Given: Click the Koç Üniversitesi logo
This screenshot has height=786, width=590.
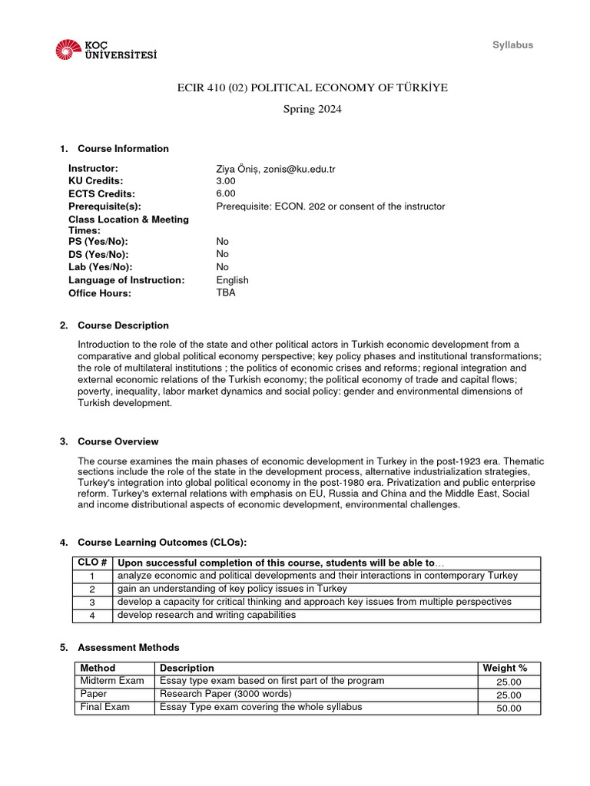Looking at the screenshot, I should [x=106, y=50].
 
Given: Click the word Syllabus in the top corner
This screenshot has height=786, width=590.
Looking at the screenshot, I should [x=512, y=45].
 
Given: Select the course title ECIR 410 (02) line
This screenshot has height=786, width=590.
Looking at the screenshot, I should [x=313, y=88].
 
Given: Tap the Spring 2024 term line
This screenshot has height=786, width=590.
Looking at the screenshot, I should [x=313, y=109].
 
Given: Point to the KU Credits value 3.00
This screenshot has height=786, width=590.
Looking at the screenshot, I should [x=226, y=181].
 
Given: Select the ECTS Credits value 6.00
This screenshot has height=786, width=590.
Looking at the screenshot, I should [x=226, y=194].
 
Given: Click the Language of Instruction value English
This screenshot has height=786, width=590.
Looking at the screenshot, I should [x=232, y=280].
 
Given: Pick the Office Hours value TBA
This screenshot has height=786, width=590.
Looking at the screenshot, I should [x=226, y=293].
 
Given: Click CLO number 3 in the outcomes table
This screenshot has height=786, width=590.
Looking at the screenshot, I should [x=91, y=603].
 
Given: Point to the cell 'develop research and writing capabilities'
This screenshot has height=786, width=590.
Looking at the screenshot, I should [x=206, y=616].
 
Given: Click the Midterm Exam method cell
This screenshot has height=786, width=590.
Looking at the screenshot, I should [x=112, y=682].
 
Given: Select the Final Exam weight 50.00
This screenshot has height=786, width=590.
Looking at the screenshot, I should [x=508, y=708].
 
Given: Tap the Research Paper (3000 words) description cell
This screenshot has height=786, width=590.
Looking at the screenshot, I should [x=226, y=695].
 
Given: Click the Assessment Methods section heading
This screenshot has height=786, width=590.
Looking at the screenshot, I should [x=128, y=648].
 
